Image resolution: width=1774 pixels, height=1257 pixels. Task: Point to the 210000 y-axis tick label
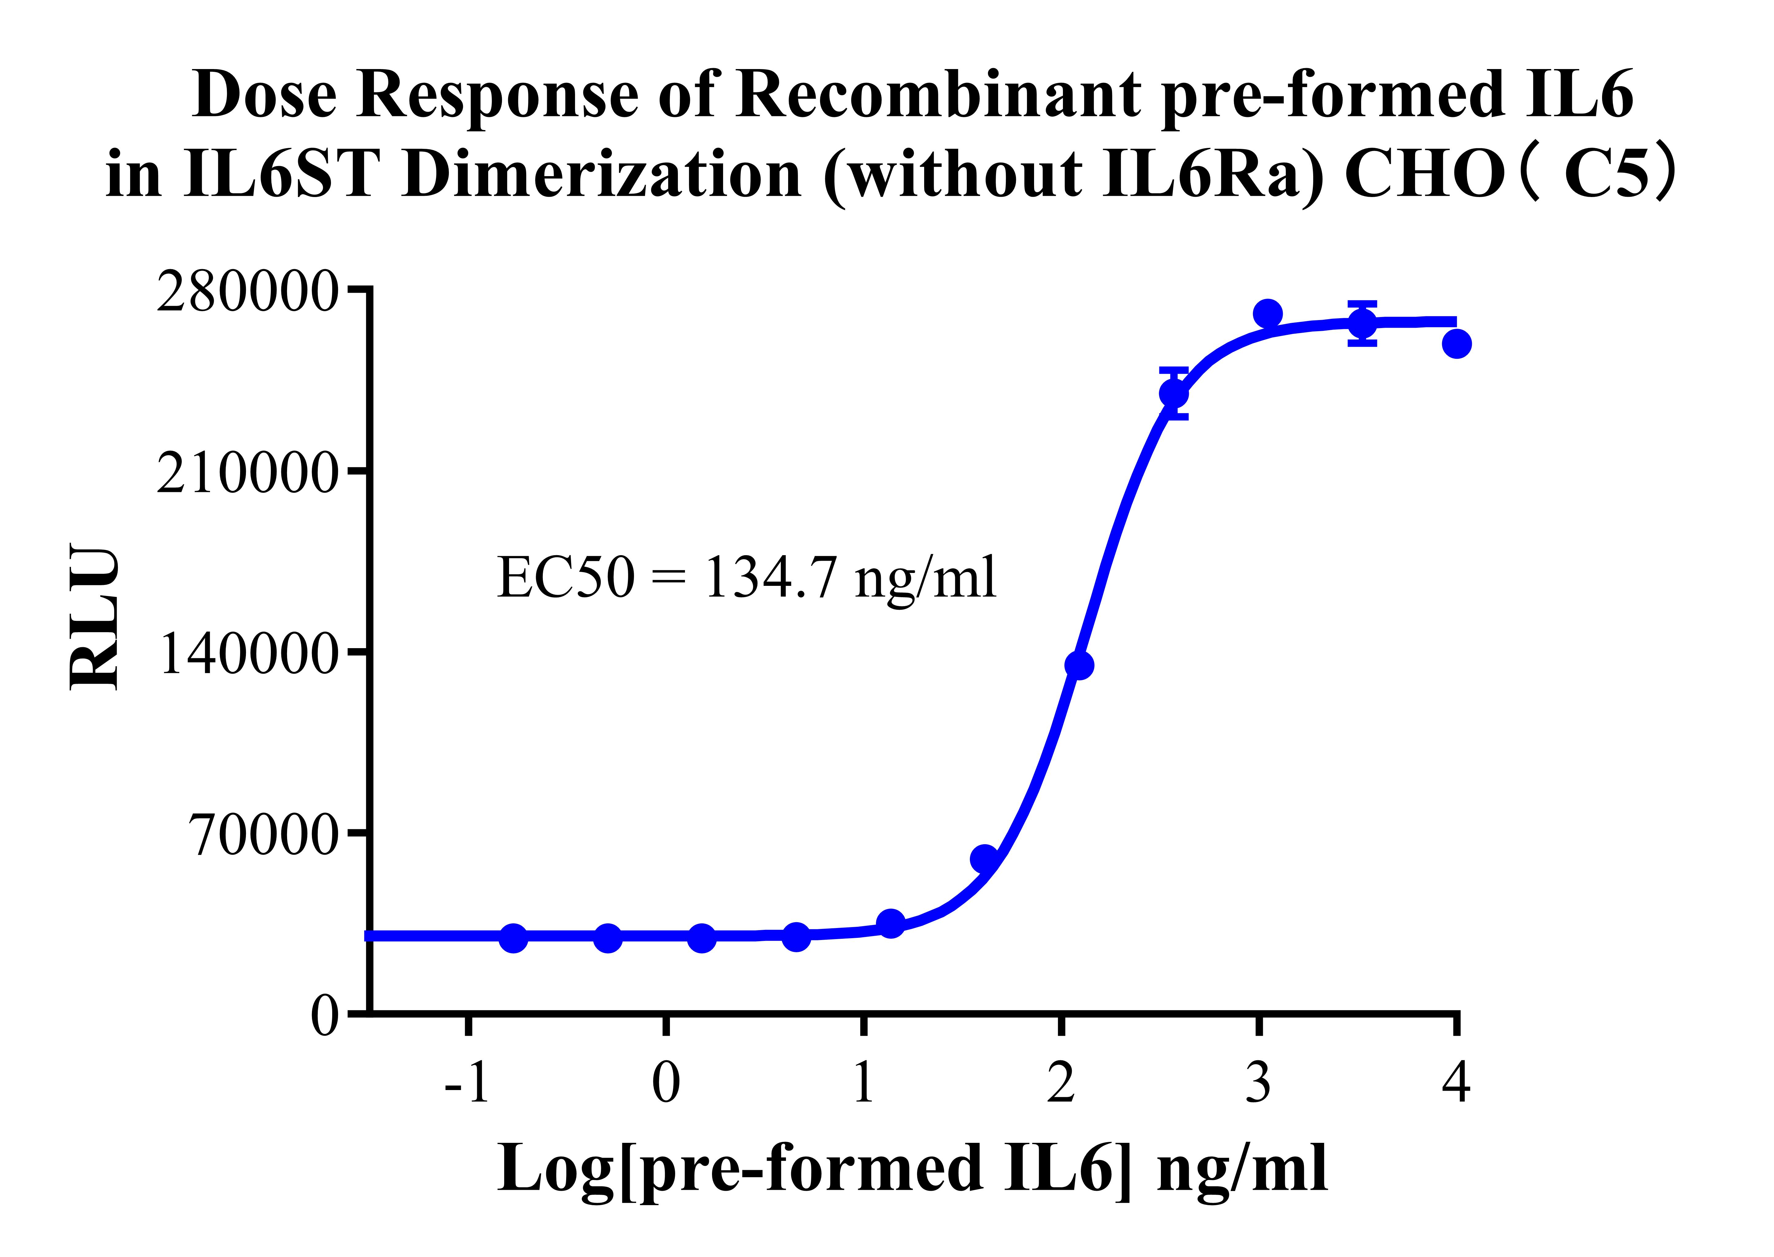[x=248, y=473]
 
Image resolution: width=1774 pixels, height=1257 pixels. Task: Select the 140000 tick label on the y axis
[x=248, y=654]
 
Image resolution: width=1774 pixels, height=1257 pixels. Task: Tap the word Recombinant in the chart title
[x=937, y=95]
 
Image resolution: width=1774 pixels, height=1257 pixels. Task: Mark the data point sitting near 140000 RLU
[x=1079, y=665]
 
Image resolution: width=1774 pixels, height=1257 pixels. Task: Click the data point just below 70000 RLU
[x=984, y=858]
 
